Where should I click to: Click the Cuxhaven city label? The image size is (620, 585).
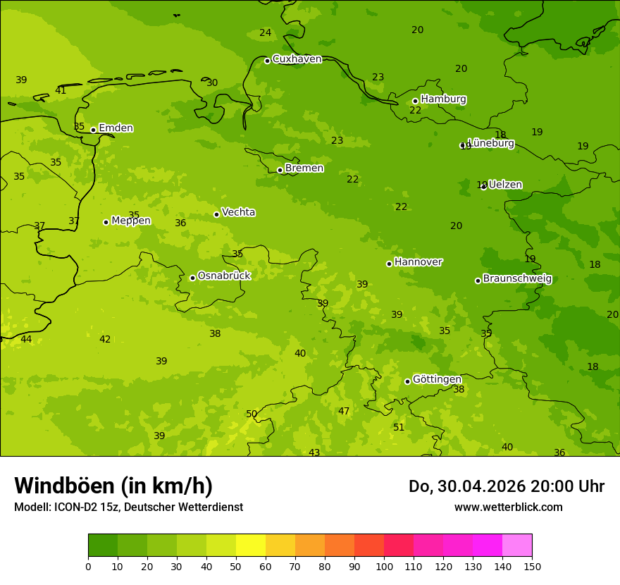(297, 59)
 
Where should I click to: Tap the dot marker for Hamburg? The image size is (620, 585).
(415, 101)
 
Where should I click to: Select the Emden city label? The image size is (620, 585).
(116, 128)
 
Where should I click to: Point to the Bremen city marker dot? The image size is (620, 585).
(280, 170)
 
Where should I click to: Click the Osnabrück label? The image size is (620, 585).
(224, 276)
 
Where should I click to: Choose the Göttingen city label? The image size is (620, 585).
(437, 379)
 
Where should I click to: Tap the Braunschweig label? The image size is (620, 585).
(517, 279)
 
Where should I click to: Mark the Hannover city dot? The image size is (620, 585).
(389, 264)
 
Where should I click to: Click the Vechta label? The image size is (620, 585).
(238, 212)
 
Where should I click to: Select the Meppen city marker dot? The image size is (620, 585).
(106, 222)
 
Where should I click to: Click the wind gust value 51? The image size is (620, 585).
(399, 428)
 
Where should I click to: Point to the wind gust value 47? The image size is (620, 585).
(344, 412)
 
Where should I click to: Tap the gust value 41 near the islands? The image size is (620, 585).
(61, 91)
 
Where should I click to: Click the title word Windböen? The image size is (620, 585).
(64, 486)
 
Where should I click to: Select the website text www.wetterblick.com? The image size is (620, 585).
(508, 507)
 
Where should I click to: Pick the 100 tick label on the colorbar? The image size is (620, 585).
(384, 566)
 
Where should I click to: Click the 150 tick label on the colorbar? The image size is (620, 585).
(531, 566)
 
